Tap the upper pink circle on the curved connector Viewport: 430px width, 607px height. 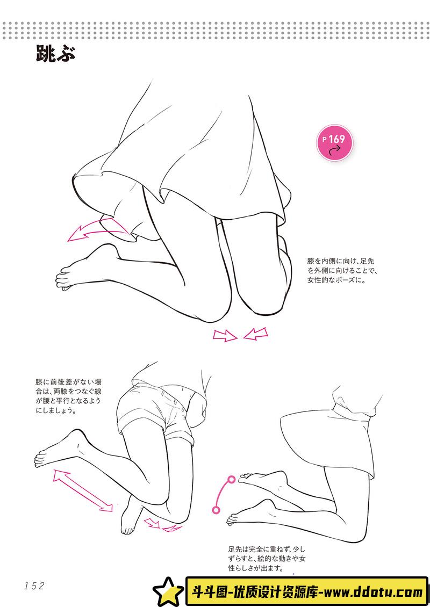(231, 479)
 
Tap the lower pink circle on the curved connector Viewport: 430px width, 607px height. (216, 510)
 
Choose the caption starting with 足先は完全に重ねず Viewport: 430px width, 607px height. (266, 558)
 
